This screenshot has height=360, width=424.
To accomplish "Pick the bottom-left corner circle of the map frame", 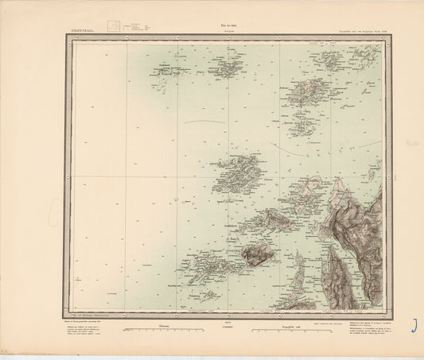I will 70,312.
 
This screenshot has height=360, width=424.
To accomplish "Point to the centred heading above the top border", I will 226,26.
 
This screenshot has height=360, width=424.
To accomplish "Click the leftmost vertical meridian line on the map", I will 126,176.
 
